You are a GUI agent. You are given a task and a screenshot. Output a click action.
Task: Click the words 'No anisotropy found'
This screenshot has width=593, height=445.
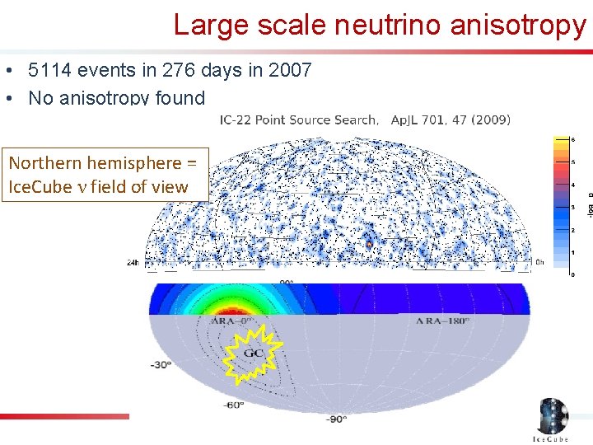(x=116, y=98)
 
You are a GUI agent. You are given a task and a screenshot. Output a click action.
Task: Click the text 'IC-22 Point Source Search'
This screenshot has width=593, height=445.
(x=298, y=119)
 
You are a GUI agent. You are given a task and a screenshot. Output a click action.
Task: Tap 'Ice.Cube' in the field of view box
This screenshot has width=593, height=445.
(x=39, y=186)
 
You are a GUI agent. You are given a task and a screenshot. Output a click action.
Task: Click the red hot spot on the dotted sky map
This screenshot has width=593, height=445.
(x=369, y=244)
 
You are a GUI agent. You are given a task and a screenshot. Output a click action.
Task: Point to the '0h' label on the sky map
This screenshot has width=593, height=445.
(x=539, y=263)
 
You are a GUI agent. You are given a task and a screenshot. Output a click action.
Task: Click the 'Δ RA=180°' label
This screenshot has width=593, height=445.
(x=439, y=320)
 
